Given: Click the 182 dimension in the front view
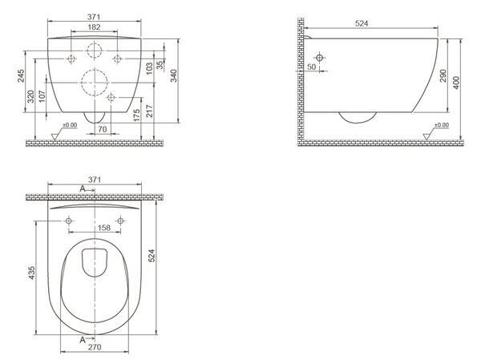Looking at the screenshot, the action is [94, 27].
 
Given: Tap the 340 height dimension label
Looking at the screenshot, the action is [174, 76].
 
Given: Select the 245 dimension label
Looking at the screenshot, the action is [21, 76].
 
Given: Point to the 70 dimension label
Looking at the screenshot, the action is [103, 129].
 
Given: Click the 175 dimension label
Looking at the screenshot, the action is [136, 115].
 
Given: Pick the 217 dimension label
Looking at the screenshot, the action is [149, 111].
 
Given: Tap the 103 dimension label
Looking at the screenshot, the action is [149, 69].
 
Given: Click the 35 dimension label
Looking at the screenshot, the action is [160, 65].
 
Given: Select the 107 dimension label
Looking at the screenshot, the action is [42, 96].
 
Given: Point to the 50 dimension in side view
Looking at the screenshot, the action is [311, 67].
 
